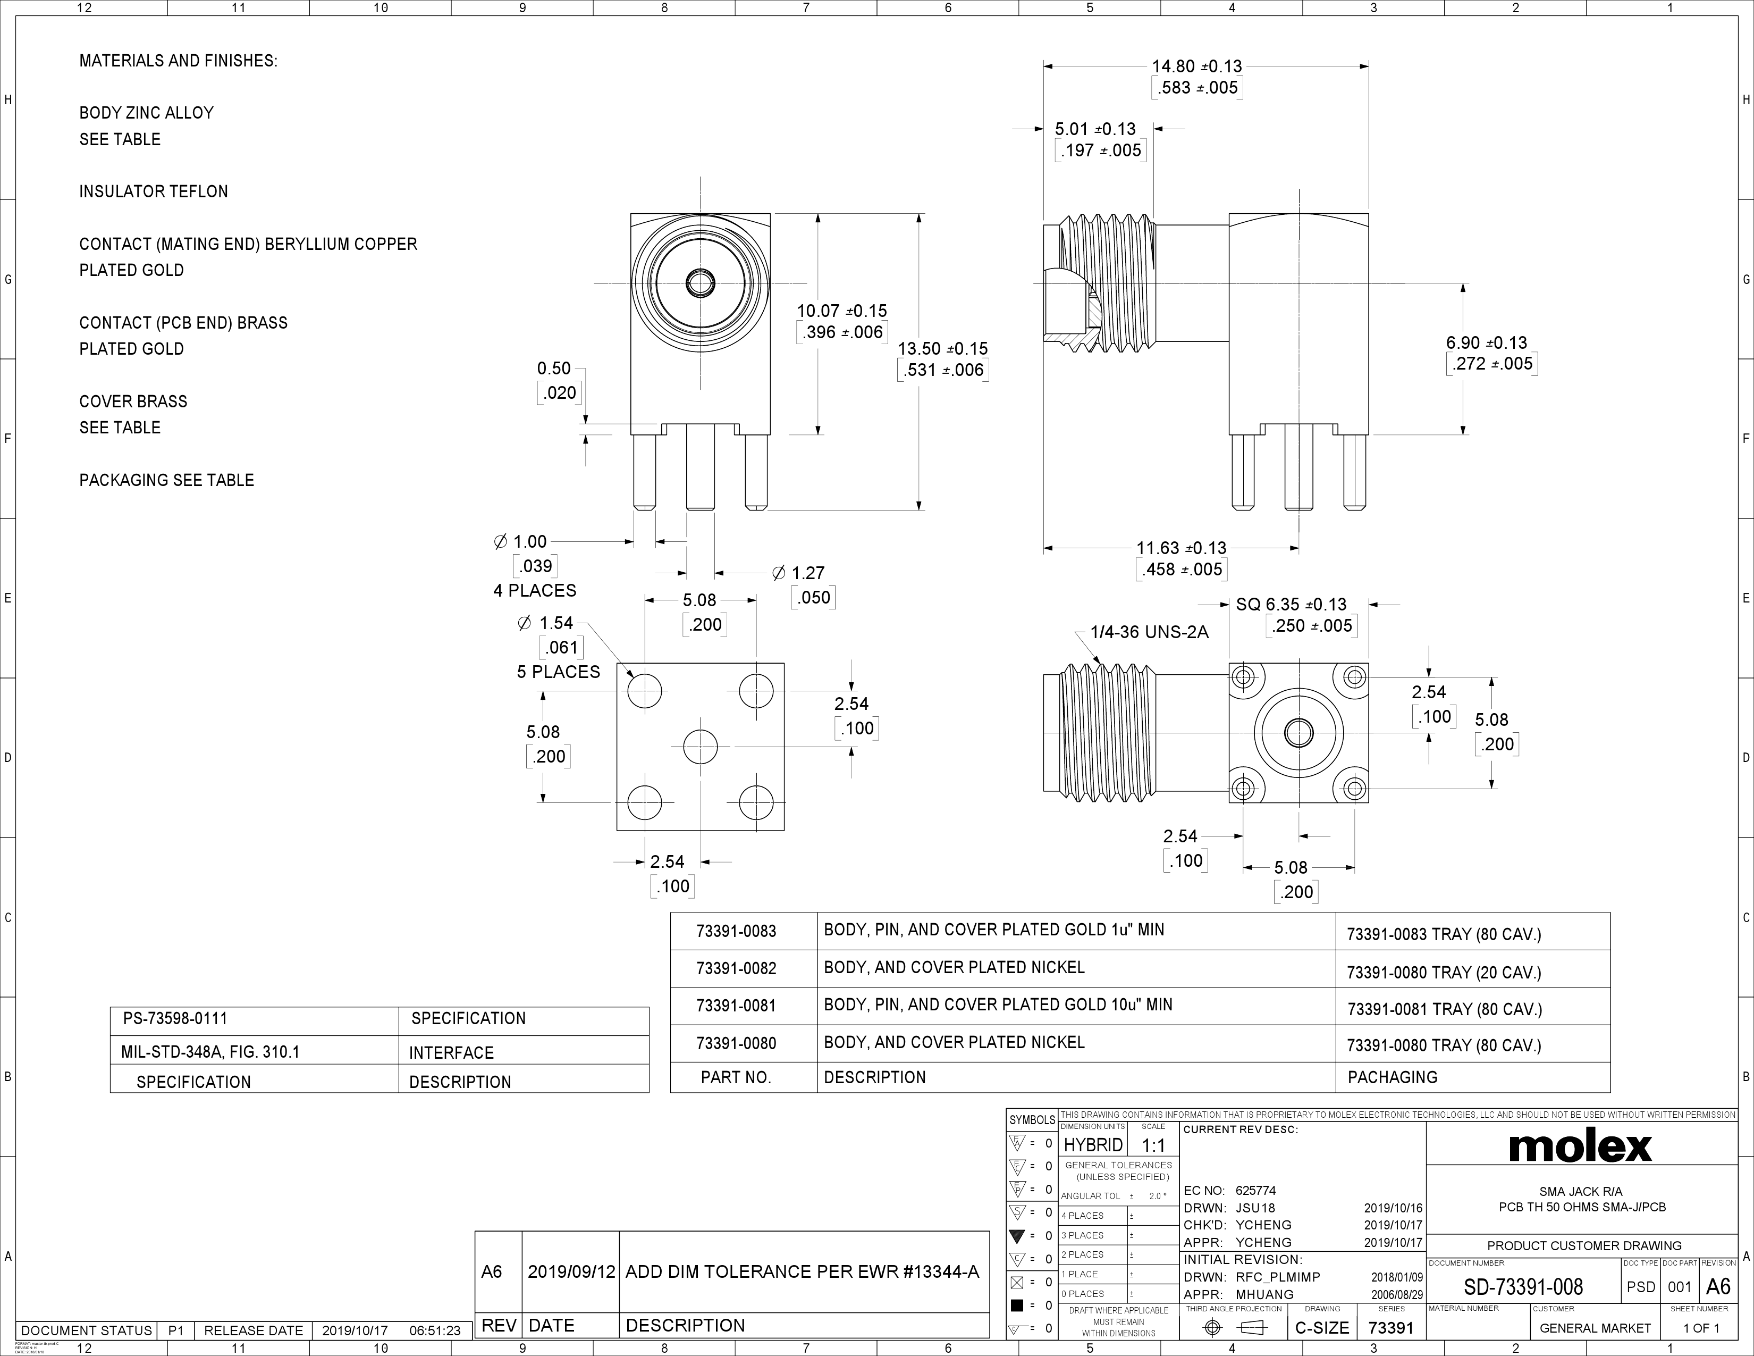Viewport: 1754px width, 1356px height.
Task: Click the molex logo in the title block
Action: tap(1580, 1146)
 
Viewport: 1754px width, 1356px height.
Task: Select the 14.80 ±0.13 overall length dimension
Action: tap(1196, 66)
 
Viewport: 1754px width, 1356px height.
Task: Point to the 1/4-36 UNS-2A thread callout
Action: tap(1149, 632)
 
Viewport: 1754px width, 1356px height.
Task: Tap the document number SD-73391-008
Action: tap(1523, 1287)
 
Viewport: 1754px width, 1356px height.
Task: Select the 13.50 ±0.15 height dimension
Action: tap(942, 349)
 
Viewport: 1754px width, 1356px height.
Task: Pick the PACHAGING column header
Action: tap(1392, 1077)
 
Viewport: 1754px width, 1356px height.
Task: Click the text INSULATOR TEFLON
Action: tap(154, 191)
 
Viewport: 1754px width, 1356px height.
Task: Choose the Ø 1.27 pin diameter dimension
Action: tap(798, 573)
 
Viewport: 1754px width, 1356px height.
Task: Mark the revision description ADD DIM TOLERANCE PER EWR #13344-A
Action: tap(802, 1271)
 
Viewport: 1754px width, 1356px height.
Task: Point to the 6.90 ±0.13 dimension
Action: tap(1487, 343)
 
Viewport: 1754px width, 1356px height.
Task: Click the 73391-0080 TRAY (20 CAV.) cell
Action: tap(1443, 973)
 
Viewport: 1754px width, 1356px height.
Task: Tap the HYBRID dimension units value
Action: tap(1092, 1145)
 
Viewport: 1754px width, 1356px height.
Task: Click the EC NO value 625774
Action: tap(1255, 1191)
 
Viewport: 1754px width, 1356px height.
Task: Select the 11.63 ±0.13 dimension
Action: tap(1180, 548)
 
